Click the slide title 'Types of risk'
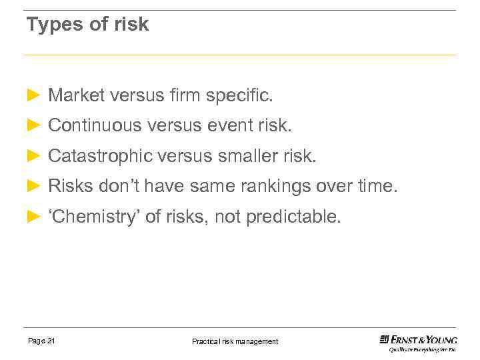[87, 25]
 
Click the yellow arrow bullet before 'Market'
[34, 96]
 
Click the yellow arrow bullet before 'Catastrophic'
[34, 156]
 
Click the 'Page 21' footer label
[41, 341]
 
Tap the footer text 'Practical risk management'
[235, 341]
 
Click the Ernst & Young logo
[419, 342]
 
